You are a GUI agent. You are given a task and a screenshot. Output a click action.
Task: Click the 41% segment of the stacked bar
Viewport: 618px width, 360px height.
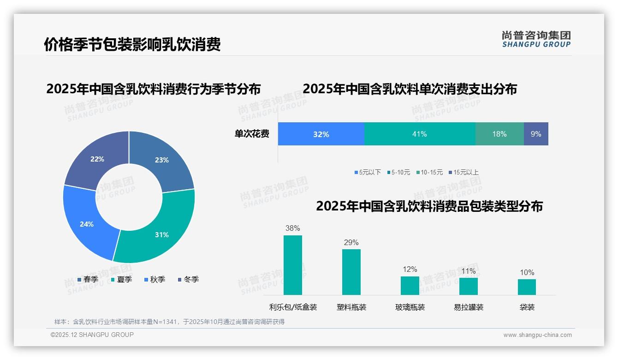click(419, 134)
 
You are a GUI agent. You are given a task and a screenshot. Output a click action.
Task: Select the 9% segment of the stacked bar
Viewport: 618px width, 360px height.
click(536, 134)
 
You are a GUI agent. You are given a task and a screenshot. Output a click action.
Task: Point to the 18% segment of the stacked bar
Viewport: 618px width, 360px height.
click(499, 134)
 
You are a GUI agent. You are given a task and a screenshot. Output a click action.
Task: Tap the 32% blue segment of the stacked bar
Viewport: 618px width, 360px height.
click(321, 134)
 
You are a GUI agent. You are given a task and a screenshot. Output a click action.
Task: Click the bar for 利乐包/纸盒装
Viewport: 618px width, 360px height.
click(292, 265)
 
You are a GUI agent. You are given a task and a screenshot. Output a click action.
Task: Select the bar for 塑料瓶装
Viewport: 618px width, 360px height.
click(351, 272)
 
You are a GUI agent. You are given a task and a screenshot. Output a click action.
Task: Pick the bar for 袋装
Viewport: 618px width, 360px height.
click(527, 287)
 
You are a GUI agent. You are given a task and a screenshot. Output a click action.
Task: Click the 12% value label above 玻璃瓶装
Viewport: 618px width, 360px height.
click(410, 269)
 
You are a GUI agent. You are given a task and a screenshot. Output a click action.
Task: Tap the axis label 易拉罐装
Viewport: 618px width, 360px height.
click(469, 307)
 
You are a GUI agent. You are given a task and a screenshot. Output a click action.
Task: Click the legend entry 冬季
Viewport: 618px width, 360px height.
click(188, 279)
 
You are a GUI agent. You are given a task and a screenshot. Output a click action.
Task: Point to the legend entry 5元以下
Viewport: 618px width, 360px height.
click(368, 172)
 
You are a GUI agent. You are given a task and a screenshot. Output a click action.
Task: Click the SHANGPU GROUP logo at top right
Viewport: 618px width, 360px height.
click(536, 39)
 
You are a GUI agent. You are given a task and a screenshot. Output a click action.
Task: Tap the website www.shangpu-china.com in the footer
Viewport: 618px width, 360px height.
click(537, 335)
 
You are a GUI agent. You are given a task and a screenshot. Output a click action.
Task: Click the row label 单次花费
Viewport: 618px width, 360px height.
click(252, 134)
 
